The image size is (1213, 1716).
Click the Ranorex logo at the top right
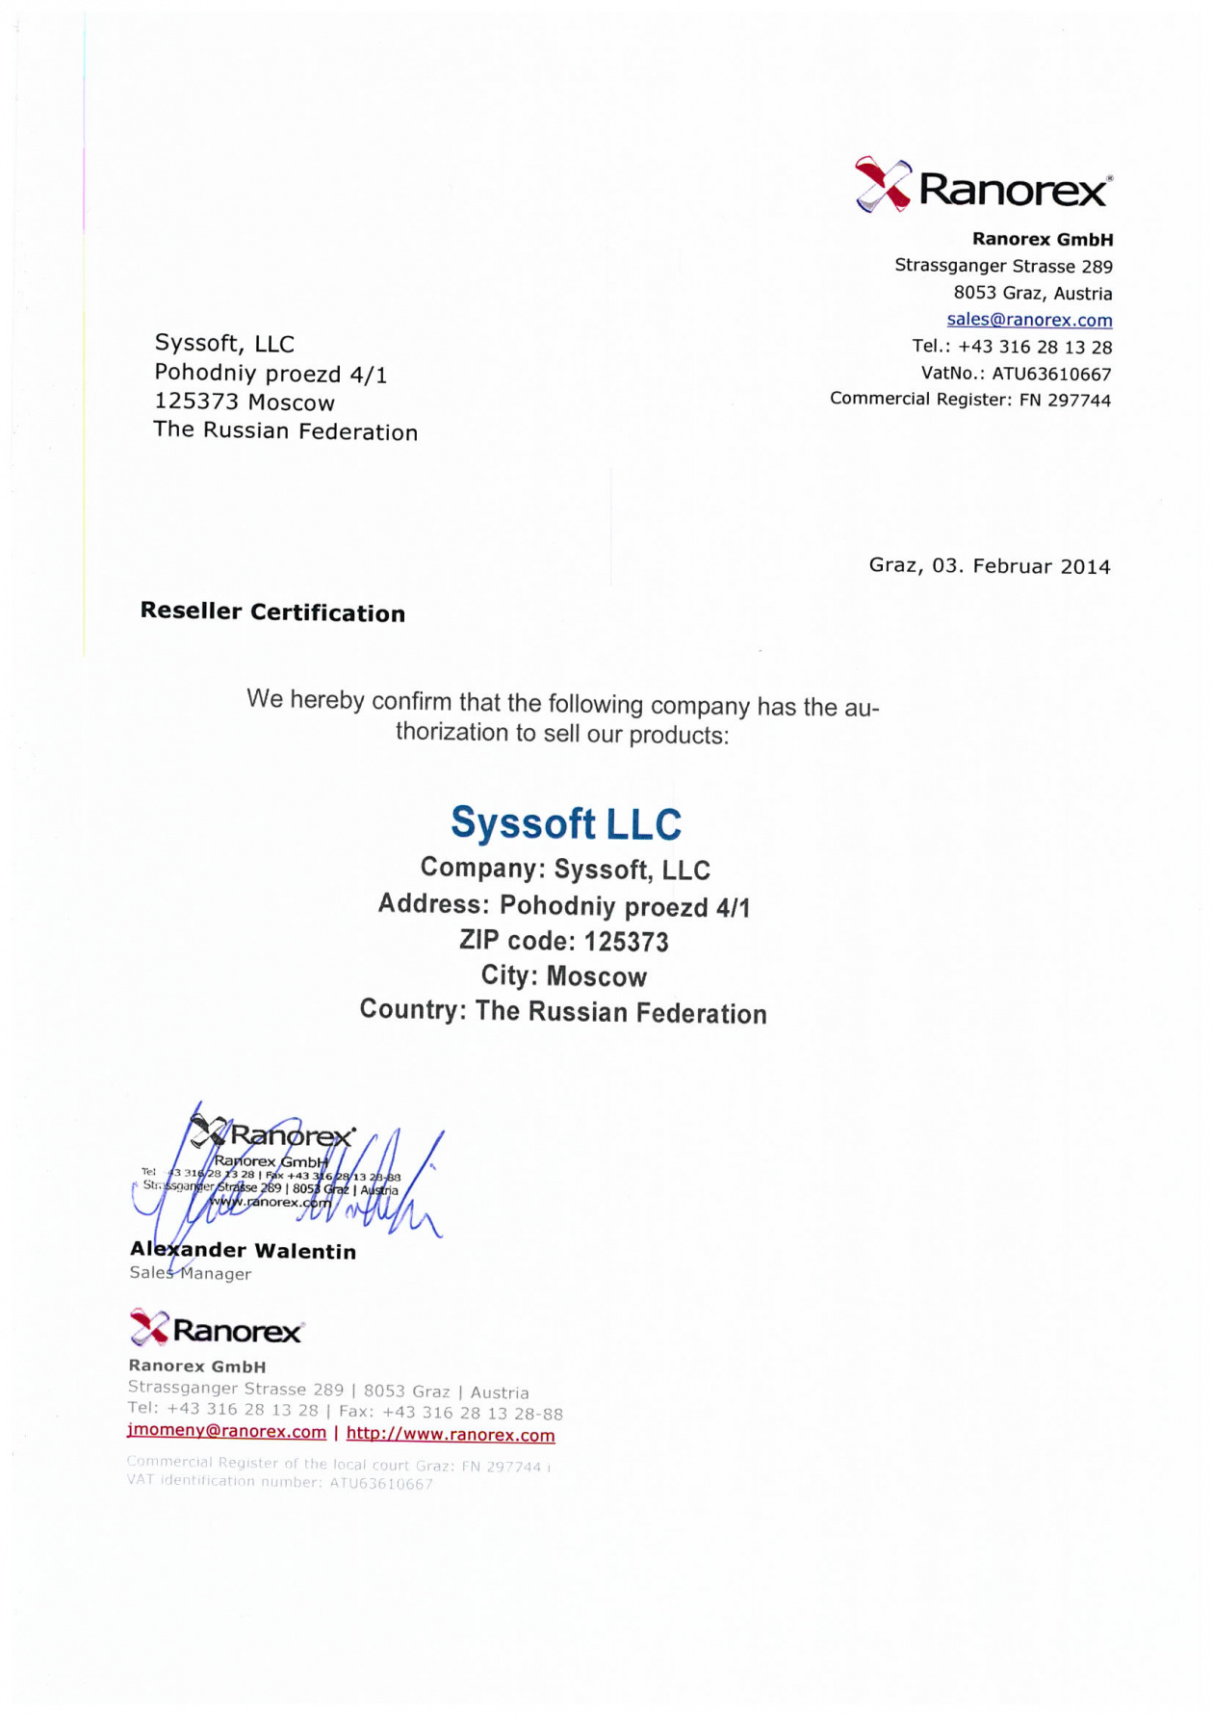pyautogui.click(x=983, y=185)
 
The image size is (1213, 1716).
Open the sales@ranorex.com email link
pyautogui.click(x=1029, y=320)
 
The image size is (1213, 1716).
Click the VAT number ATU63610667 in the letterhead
pyautogui.click(x=1051, y=374)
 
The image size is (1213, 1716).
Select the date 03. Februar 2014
pyautogui.click(x=1020, y=565)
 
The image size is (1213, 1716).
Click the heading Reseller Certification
pyautogui.click(x=272, y=611)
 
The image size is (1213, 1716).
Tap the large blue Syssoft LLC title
pyautogui.click(x=566, y=823)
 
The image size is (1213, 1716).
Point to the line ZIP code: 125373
pyautogui.click(x=564, y=941)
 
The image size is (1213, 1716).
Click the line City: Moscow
pyautogui.click(x=564, y=975)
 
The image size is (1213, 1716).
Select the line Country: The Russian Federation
pyautogui.click(x=563, y=1011)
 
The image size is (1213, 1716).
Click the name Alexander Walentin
pyautogui.click(x=243, y=1251)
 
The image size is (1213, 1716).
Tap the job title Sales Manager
pyautogui.click(x=191, y=1273)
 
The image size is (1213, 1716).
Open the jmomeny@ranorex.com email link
pyautogui.click(x=226, y=1432)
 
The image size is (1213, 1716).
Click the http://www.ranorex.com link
pyautogui.click(x=451, y=1434)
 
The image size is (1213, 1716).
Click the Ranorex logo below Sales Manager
pyautogui.click(x=217, y=1330)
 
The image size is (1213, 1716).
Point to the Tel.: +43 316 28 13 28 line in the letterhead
pyautogui.click(x=1012, y=347)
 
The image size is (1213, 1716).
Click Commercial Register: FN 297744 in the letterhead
pyautogui.click(x=969, y=399)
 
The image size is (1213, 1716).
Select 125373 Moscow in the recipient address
pyautogui.click(x=245, y=402)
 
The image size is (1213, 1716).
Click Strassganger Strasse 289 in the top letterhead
pyautogui.click(x=1003, y=266)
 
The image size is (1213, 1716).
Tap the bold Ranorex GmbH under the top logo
pyautogui.click(x=1043, y=239)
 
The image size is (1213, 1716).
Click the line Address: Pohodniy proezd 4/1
pyautogui.click(x=564, y=905)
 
